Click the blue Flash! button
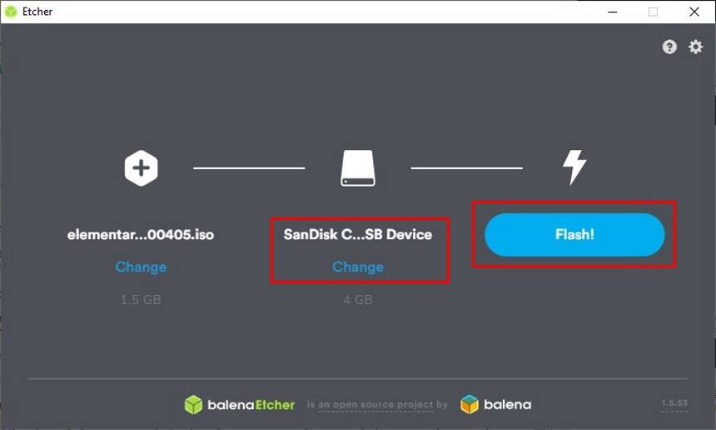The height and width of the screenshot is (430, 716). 574,234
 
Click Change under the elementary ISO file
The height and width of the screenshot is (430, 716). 141,267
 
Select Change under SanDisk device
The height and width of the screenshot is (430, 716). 358,267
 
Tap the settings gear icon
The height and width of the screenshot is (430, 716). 695,47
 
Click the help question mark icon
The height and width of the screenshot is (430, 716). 669,47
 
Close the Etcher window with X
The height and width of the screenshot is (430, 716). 694,12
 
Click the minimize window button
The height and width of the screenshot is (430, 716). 614,12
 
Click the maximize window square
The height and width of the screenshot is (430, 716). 654,12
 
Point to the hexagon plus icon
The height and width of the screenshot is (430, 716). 141,167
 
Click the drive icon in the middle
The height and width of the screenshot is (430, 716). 358,167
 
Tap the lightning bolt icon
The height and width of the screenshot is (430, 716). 574,167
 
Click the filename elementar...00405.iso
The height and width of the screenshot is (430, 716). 141,235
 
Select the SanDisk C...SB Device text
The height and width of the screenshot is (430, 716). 358,235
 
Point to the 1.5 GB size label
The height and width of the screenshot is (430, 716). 141,299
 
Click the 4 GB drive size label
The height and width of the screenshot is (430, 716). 358,299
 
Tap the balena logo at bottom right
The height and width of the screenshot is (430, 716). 496,405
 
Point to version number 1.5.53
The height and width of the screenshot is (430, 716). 674,403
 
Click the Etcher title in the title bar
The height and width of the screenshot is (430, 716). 37,12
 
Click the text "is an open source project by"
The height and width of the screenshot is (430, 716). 377,405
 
